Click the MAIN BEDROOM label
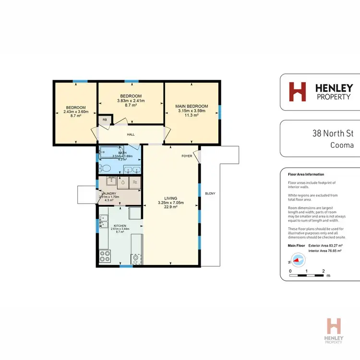[191, 106]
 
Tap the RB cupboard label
[105, 120]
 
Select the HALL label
[131, 135]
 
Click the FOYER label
[187, 156]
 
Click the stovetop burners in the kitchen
[104, 257]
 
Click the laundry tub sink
[111, 181]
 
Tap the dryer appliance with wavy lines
[135, 182]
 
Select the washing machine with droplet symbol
[123, 182]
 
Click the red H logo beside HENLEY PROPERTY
[297, 92]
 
